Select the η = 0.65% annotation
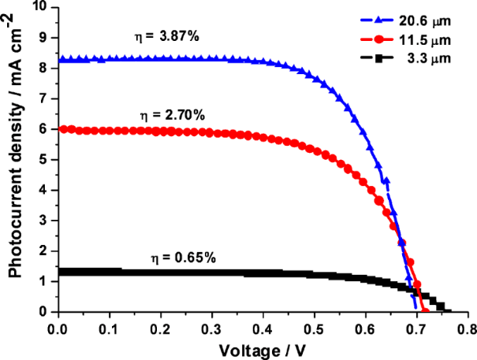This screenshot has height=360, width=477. [178, 257]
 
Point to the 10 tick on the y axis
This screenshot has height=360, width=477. [39, 8]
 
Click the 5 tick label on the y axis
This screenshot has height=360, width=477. [44, 160]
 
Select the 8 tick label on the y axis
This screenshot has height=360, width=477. [44, 69]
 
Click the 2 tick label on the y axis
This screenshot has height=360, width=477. [44, 251]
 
